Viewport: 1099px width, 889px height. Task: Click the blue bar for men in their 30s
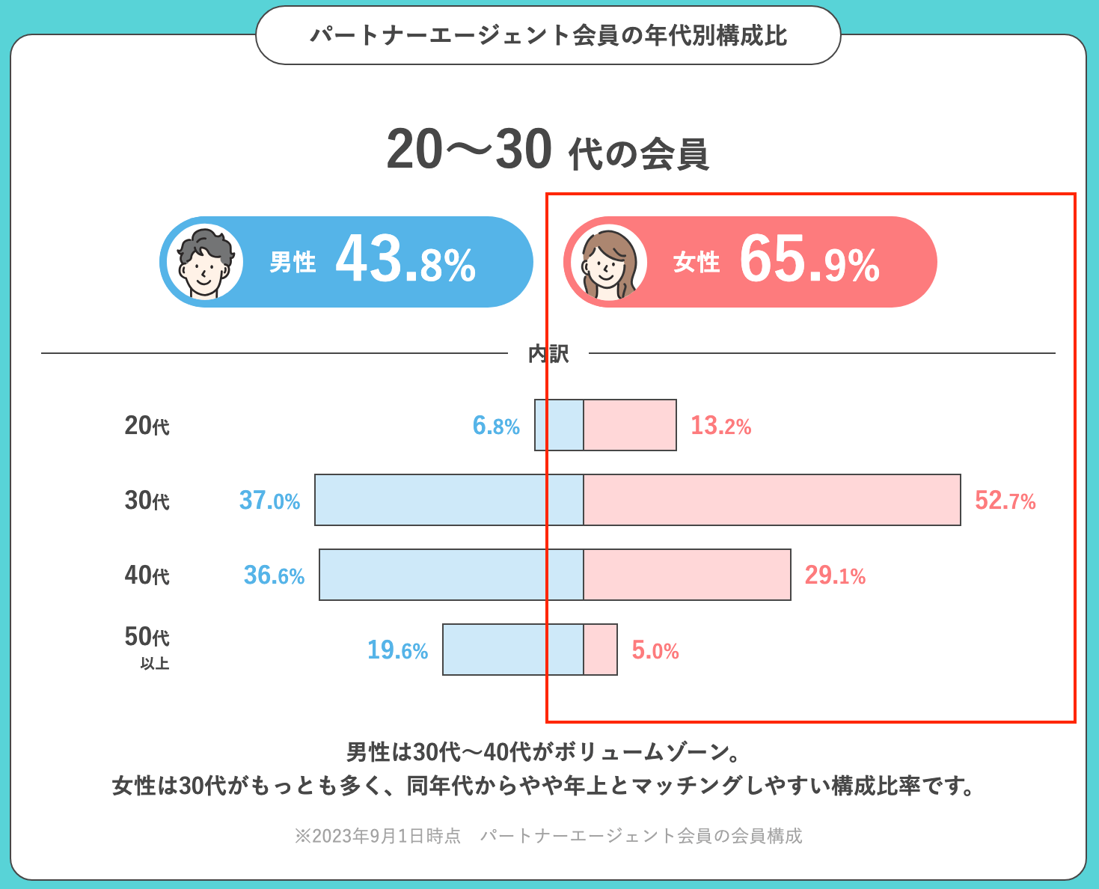coord(449,500)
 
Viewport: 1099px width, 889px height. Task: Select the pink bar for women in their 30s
coord(771,500)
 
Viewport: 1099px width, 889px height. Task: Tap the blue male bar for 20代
coord(559,425)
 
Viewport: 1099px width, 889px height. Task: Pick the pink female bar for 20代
coord(630,425)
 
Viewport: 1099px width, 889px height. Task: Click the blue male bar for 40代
coord(451,575)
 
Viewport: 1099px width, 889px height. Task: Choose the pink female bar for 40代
coord(687,575)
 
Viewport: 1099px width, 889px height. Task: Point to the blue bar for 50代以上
coord(512,650)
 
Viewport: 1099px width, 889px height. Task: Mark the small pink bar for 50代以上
coord(601,650)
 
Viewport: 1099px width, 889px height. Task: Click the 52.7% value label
coord(1005,501)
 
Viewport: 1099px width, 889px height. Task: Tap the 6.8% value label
coord(496,426)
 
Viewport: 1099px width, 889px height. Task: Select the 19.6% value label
coord(397,650)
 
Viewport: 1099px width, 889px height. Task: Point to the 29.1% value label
coord(835,575)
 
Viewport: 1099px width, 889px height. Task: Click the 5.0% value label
coord(655,650)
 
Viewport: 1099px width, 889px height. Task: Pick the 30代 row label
coord(147,501)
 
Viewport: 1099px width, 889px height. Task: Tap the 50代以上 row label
coord(147,647)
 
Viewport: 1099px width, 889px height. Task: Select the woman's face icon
coord(608,263)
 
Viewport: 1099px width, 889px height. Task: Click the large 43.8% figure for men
coord(405,261)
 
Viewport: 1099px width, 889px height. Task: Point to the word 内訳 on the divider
coord(548,353)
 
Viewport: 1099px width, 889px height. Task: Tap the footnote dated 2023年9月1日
coord(548,836)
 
